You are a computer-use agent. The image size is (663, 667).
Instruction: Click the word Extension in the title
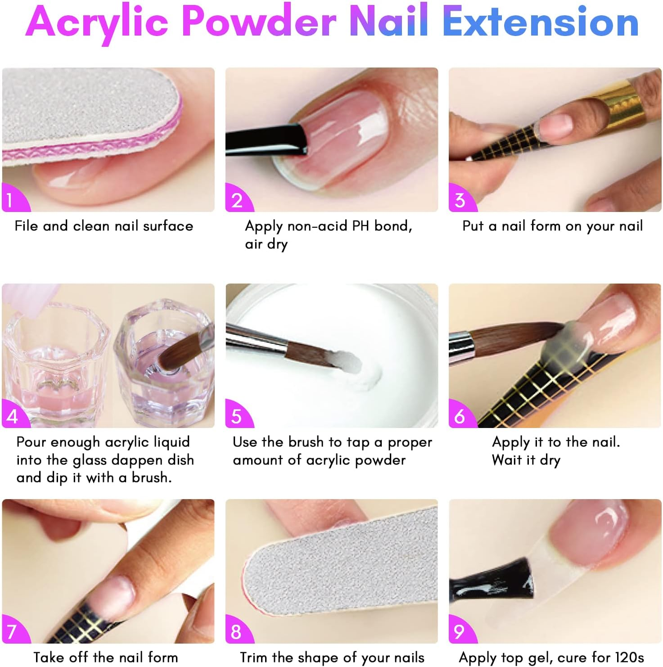tap(541, 23)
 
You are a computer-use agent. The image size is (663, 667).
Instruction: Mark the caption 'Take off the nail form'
tap(106, 657)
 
